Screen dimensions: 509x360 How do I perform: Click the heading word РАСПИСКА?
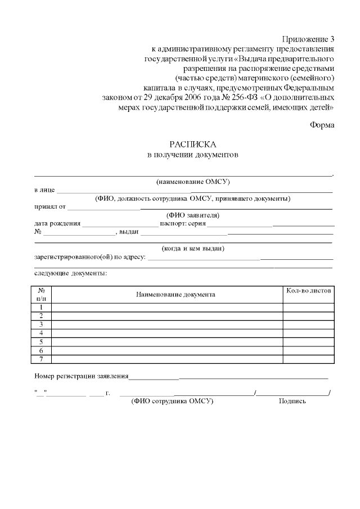(x=193, y=144)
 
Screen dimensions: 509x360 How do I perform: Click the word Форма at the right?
(x=322, y=125)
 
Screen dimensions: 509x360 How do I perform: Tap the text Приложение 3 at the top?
(x=308, y=39)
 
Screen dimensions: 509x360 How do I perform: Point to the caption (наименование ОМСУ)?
(x=193, y=182)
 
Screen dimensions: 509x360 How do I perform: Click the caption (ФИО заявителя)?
(x=193, y=215)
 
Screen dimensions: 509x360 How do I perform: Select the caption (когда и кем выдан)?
(x=193, y=248)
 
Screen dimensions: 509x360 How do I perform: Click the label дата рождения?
(x=57, y=223)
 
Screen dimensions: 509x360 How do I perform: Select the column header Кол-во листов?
(x=309, y=290)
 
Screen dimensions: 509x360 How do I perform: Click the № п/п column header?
(x=41, y=294)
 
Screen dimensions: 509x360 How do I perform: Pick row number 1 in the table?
(x=41, y=308)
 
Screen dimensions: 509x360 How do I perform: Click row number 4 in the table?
(x=41, y=333)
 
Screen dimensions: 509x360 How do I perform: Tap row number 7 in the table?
(x=41, y=359)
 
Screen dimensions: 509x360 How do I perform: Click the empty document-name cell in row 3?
(x=167, y=325)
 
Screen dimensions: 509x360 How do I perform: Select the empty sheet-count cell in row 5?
(x=309, y=342)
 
